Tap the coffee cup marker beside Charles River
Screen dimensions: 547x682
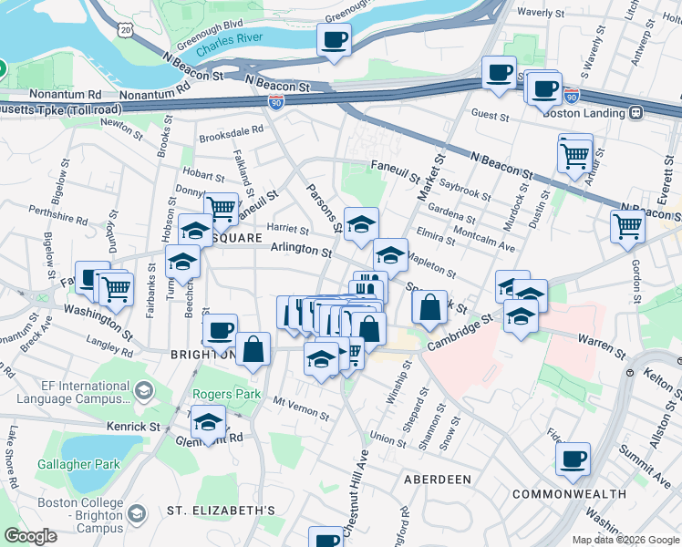334,41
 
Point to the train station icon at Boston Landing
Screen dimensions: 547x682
635,113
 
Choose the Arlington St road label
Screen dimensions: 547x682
300,249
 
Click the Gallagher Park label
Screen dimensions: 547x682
79,464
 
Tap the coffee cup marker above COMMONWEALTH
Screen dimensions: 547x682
573,459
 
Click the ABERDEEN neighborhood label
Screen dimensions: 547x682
439,479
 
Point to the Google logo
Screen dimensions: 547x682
30,536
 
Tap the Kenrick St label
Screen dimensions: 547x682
135,426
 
